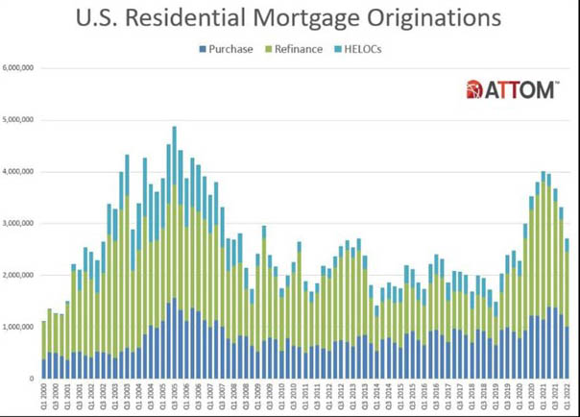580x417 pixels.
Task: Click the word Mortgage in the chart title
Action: [311, 17]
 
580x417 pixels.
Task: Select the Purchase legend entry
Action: [226, 48]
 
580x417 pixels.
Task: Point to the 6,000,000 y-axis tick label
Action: [19, 68]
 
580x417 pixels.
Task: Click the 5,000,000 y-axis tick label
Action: [19, 120]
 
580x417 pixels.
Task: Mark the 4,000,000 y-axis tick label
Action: [19, 172]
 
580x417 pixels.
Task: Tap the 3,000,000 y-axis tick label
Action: [19, 224]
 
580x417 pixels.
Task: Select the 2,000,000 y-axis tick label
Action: [19, 276]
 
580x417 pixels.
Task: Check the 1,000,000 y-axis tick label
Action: [19, 328]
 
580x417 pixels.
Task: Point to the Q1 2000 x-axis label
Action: [44, 396]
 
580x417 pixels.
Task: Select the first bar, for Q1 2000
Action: [44, 350]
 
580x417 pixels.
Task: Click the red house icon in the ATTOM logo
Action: [473, 90]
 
